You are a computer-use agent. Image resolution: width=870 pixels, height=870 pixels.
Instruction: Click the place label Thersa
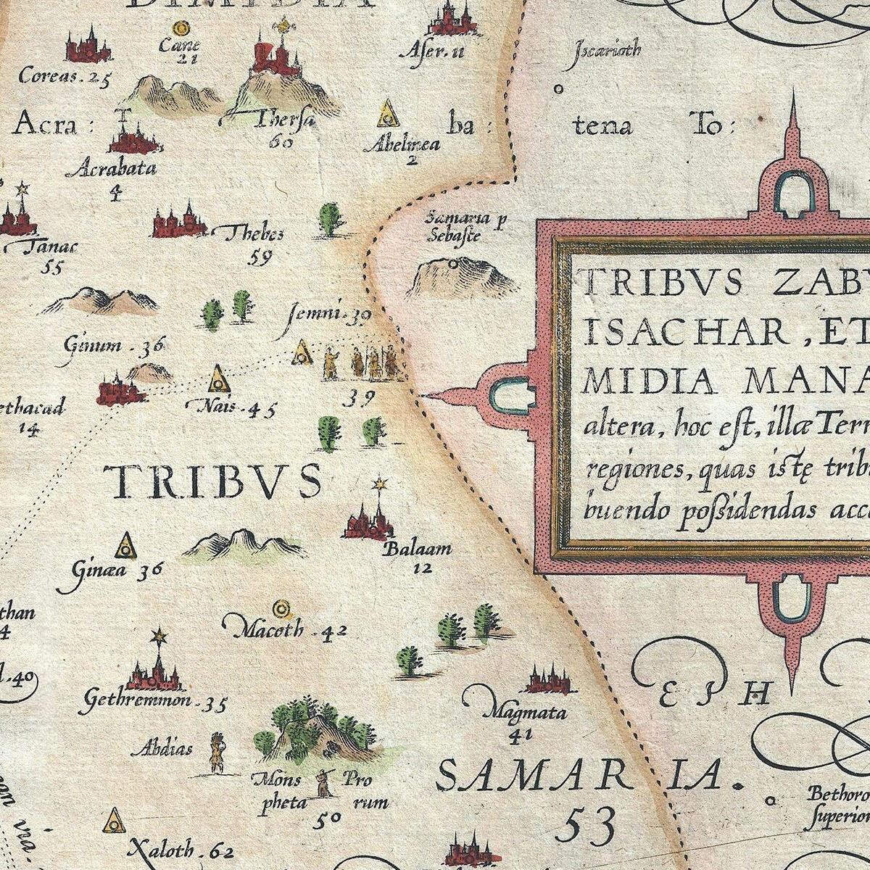286,119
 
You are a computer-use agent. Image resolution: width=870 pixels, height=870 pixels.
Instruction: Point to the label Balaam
419,548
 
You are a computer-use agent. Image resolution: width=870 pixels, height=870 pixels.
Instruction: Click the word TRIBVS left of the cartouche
212,481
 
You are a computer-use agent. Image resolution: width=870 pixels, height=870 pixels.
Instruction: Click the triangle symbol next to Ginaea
126,547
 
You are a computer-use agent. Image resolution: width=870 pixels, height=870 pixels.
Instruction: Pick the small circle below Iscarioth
559,90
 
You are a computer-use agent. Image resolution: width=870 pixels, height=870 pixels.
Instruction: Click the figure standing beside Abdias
215,753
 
